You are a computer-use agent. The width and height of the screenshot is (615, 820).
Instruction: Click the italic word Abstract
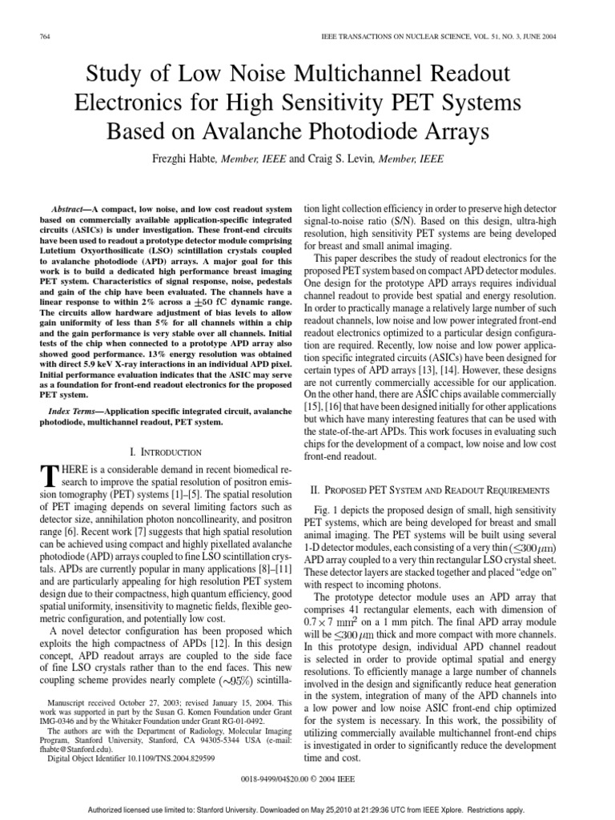66,207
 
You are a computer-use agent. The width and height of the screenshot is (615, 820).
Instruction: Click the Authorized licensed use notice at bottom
307,806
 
